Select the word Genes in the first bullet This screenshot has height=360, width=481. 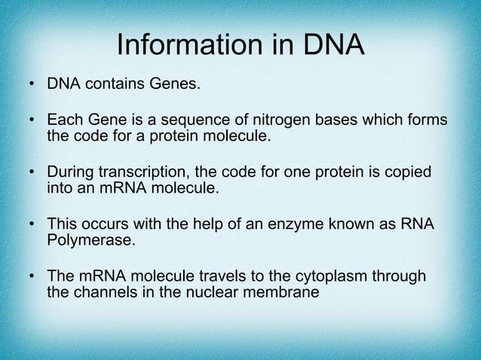(x=176, y=81)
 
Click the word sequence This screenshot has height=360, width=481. (x=201, y=122)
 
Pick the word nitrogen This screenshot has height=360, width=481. (x=274, y=122)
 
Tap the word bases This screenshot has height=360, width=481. (x=333, y=122)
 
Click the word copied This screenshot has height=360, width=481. (x=408, y=174)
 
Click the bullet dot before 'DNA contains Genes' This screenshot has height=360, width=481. (x=32, y=82)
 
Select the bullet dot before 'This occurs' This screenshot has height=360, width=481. (x=32, y=227)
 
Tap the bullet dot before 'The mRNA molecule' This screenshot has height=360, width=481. (x=32, y=279)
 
